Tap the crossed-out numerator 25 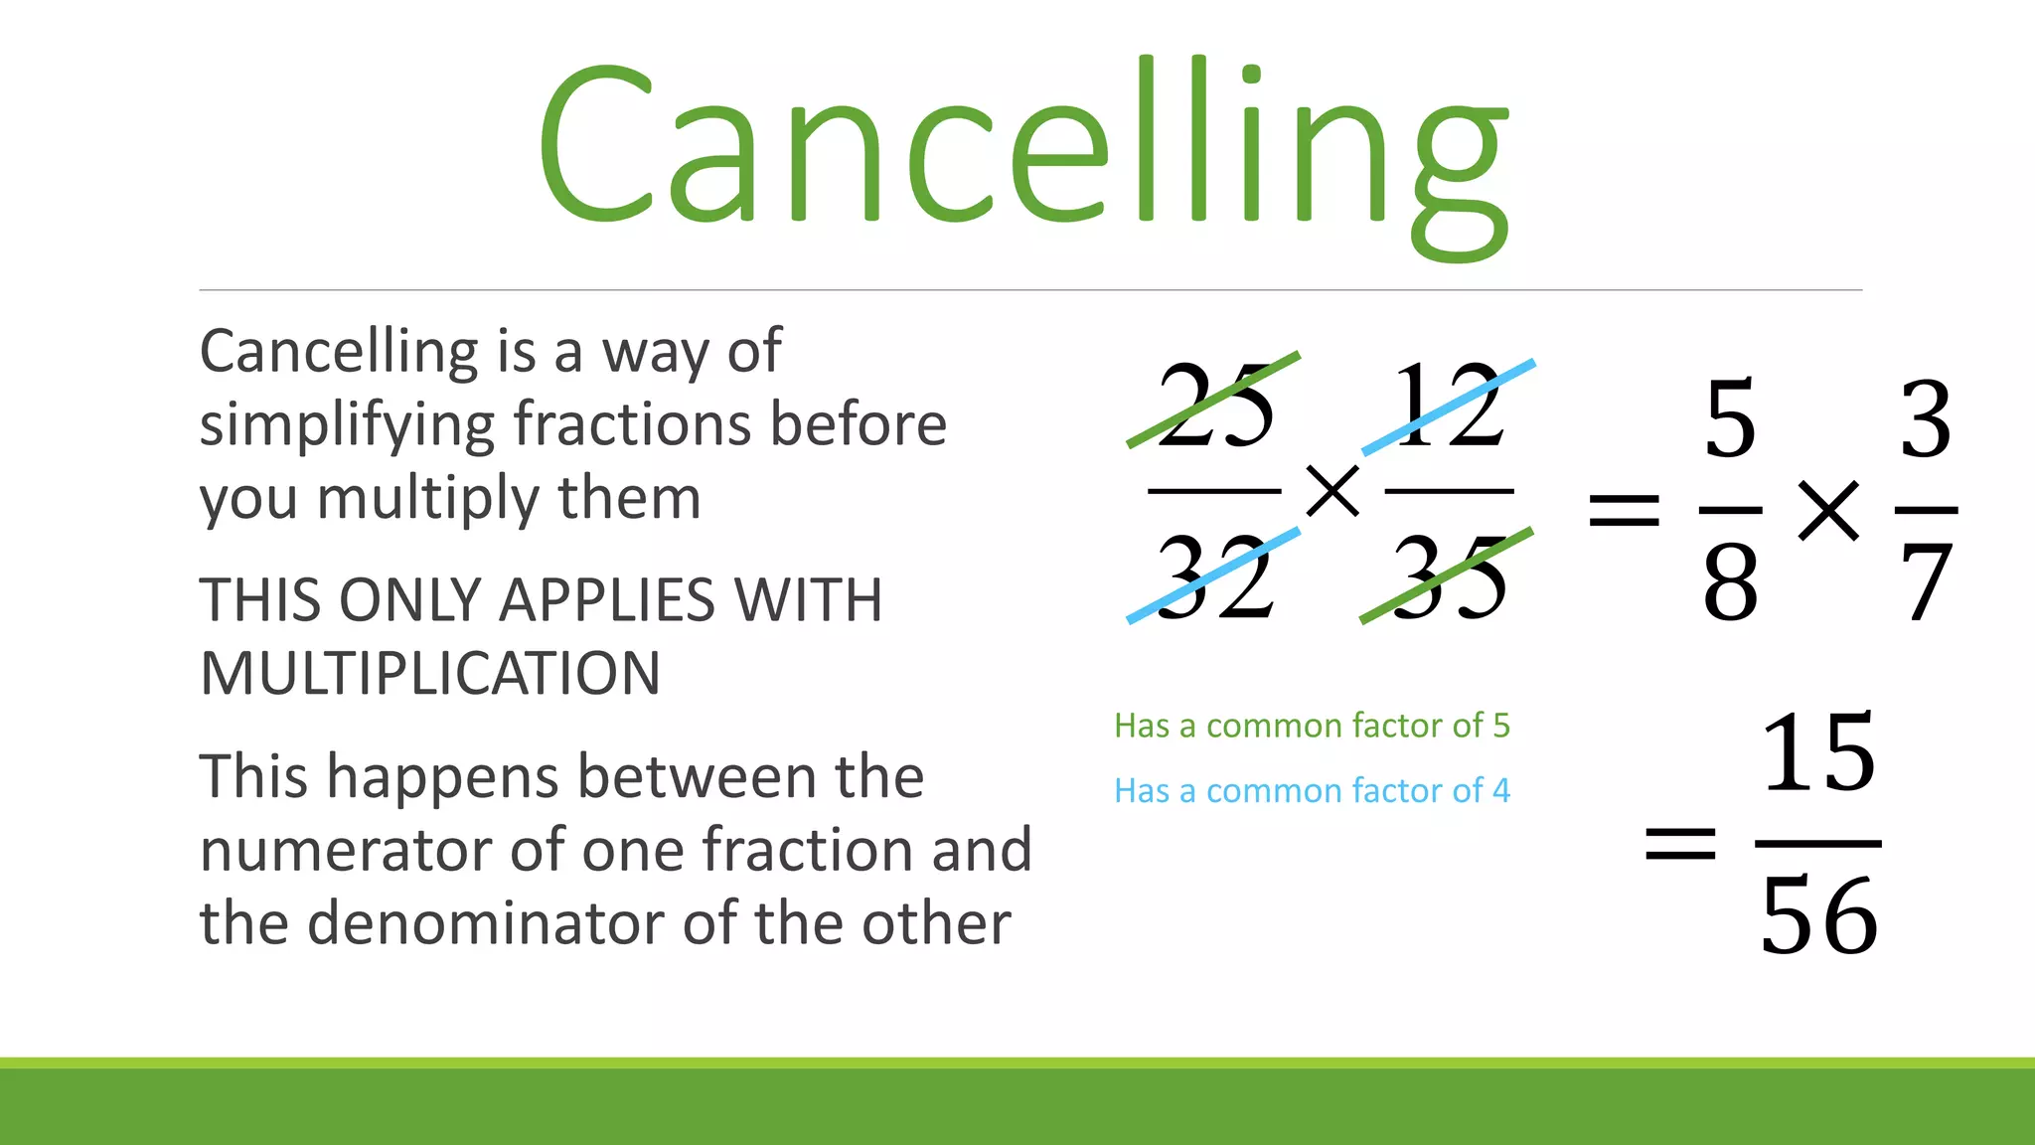1214,406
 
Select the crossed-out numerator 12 1449,406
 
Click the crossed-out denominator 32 1214,576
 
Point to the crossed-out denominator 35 1449,576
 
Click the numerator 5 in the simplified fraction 1730,419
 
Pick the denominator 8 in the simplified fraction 1730,584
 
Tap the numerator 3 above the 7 1926,419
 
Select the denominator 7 1926,584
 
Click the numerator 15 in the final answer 1818,753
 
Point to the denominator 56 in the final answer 1818,916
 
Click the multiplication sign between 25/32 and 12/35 1332,491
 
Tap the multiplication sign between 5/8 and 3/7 1828,511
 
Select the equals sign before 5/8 1624,511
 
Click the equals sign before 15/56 1680,845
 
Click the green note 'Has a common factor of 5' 1312,726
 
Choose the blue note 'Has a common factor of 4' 1312,791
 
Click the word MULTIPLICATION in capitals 430,674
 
